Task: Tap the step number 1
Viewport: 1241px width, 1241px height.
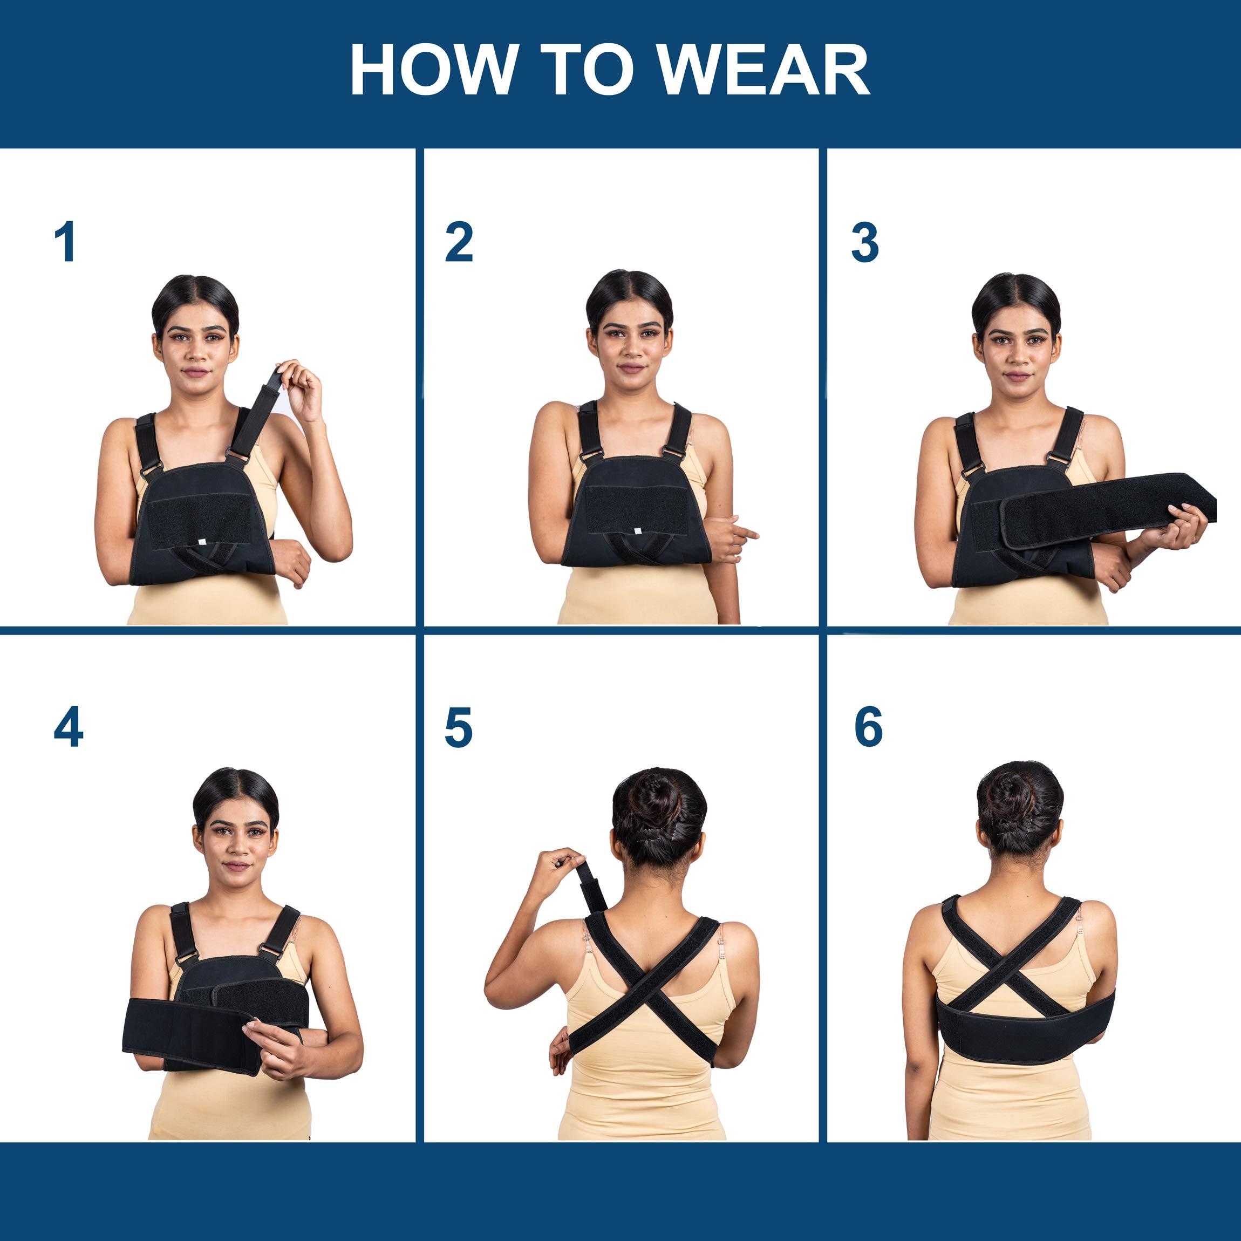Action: (x=65, y=242)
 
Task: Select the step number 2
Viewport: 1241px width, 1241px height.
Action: (x=459, y=242)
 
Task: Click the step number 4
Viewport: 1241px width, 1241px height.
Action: (x=68, y=728)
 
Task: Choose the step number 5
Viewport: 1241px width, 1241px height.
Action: (x=458, y=728)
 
